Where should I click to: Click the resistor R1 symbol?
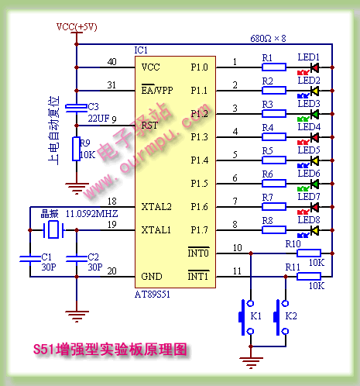tap(274, 67)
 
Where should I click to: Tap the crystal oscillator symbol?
tap(53, 229)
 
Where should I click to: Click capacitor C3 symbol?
tap(77, 108)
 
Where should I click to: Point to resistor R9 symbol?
tap(76, 149)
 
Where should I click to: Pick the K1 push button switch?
tap(246, 317)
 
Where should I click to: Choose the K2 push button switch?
tap(281, 317)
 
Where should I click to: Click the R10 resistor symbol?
tap(309, 253)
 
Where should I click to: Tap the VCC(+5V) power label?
tap(77, 27)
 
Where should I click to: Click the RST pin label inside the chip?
tap(149, 126)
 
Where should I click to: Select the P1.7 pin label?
tap(199, 229)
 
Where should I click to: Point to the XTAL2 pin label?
tap(156, 207)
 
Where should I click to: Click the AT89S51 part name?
tap(153, 295)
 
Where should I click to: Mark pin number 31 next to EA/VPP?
tap(111, 84)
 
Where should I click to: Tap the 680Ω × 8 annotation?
tap(268, 39)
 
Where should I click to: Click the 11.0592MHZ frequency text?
tap(91, 214)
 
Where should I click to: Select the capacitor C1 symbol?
tap(30, 259)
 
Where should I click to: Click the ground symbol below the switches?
tap(251, 362)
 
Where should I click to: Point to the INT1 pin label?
tap(198, 276)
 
